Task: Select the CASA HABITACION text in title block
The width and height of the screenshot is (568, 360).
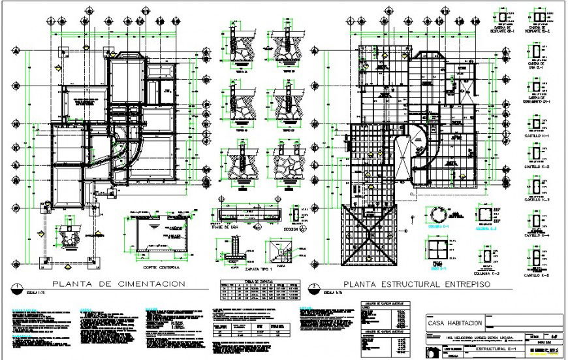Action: pos(455,323)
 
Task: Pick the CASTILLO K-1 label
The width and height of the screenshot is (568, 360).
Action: pos(539,135)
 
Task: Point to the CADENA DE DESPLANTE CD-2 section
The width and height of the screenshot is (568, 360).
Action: pos(539,16)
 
